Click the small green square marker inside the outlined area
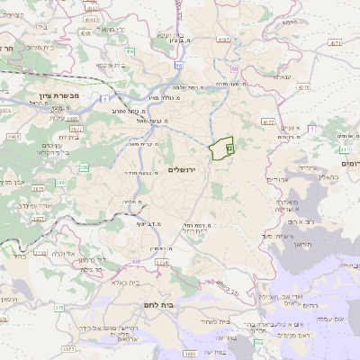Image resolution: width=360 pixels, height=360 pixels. [229, 146]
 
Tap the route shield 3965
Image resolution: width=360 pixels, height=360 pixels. [13, 135]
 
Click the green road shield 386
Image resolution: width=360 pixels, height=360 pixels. [84, 167]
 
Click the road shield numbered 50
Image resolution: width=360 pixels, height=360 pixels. [180, 66]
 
